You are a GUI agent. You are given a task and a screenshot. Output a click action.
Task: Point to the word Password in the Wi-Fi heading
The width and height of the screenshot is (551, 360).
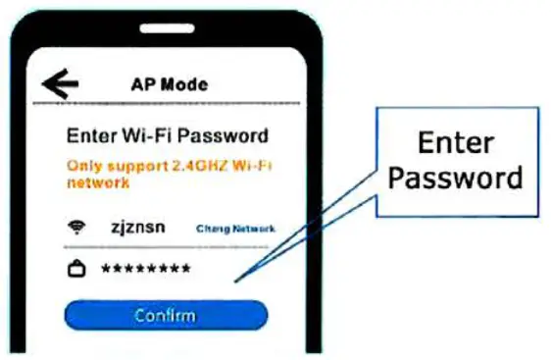[x=224, y=135]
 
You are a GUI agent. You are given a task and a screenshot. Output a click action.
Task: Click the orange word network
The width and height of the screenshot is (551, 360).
[x=98, y=182]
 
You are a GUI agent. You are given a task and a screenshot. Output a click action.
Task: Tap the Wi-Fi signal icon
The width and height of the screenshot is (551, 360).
[x=75, y=229]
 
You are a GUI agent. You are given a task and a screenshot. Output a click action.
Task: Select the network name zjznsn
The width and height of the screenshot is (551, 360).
[x=138, y=228]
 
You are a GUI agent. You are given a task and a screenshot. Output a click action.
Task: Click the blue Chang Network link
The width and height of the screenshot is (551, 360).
[x=235, y=229]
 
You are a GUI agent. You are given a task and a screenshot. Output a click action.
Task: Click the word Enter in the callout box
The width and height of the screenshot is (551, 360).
[x=456, y=143]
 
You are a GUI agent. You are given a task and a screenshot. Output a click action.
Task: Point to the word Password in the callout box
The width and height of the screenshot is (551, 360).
[x=456, y=180]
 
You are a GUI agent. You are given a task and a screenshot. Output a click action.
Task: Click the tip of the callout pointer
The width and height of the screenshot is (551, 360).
[x=235, y=281]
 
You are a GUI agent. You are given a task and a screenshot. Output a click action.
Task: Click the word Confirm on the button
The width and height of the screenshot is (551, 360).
[x=166, y=315]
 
